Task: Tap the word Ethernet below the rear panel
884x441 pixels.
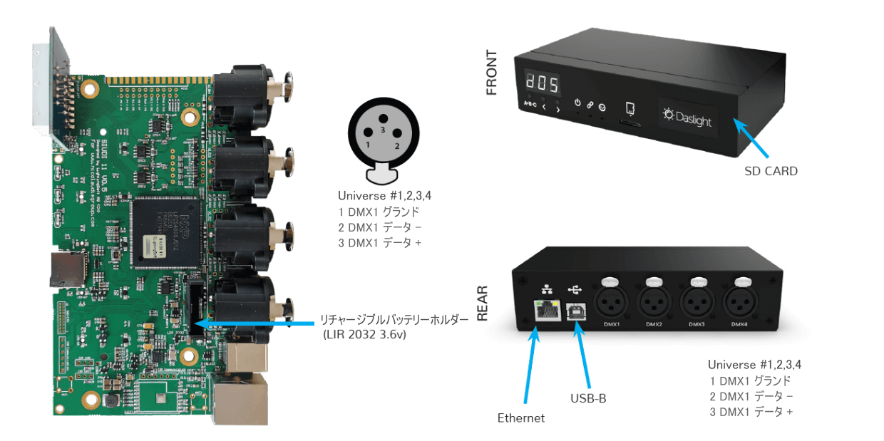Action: pos(520,418)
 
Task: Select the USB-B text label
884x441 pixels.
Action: pos(588,398)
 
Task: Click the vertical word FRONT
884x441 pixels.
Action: pos(492,73)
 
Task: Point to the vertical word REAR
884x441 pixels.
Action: pos(482,302)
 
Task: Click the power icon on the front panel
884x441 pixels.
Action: pos(577,103)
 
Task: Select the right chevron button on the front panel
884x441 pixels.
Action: pos(557,108)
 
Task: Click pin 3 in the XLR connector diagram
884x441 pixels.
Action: pos(382,130)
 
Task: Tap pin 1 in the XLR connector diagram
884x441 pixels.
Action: pos(368,145)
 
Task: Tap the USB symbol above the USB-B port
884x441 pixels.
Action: pos(575,289)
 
